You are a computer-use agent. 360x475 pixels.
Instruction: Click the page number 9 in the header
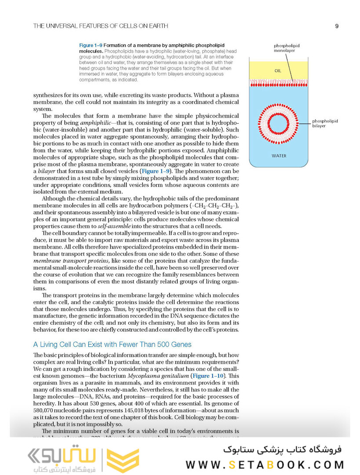336,26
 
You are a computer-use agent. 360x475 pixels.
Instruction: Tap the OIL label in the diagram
278,71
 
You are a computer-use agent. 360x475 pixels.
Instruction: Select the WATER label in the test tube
279,156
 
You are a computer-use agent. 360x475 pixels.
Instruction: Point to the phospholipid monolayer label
284,48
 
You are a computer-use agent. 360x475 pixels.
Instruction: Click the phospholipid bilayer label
325,124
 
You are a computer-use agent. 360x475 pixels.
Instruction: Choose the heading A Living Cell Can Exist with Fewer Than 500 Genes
112,344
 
